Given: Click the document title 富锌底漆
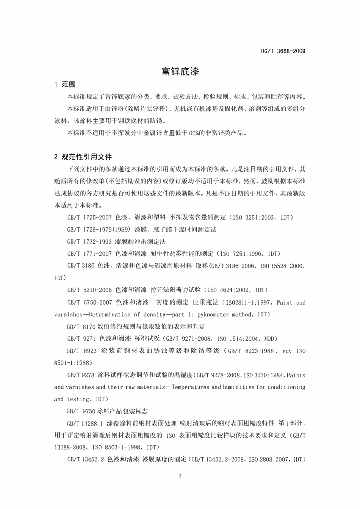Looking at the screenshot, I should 180,71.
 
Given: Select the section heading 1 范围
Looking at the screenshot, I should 65,84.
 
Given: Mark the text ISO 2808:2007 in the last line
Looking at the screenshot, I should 269,460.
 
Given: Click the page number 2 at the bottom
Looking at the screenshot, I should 180,476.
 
